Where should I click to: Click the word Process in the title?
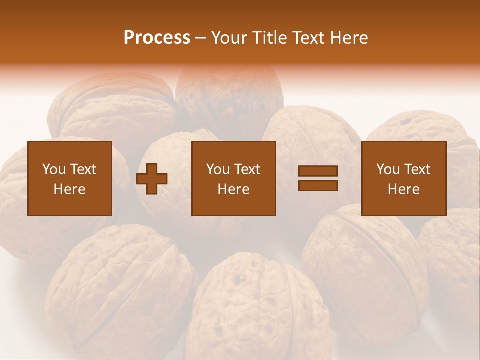157,38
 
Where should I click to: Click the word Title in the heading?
267,38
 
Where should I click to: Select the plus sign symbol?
152,179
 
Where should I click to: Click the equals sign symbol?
318,178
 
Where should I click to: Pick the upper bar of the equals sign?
318,171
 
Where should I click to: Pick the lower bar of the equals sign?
318,185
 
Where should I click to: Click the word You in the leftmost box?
54,169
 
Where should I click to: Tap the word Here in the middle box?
233,189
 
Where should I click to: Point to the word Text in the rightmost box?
417,169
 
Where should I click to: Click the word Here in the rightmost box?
404,189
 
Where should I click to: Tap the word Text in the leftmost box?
83,169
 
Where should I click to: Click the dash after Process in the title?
200,38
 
